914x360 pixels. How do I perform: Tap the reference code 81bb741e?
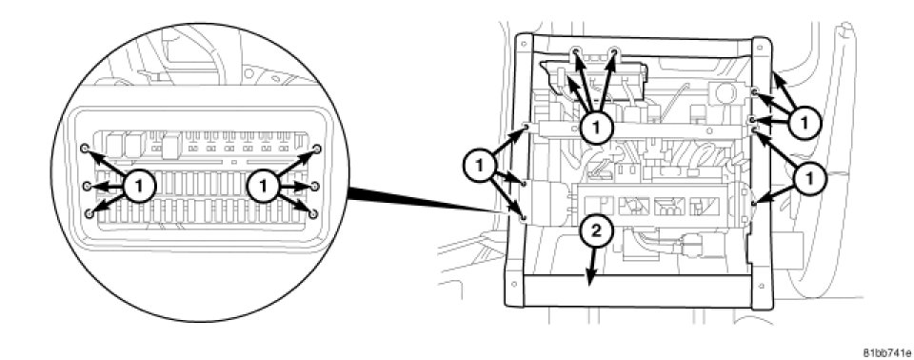(x=885, y=353)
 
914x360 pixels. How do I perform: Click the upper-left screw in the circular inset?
(x=85, y=149)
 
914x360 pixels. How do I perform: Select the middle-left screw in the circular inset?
(x=87, y=186)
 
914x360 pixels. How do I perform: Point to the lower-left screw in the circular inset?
(x=89, y=214)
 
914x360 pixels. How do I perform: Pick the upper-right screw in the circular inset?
(x=317, y=149)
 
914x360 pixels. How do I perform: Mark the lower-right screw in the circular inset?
(x=313, y=214)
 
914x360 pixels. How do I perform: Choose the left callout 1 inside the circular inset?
(x=139, y=187)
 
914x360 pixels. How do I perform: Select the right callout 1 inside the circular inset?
(x=264, y=187)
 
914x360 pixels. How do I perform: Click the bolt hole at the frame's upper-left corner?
(x=524, y=43)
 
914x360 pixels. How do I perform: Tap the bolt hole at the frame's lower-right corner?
(x=763, y=286)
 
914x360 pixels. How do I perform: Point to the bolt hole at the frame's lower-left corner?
(x=513, y=284)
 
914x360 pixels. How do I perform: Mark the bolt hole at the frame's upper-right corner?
(x=760, y=47)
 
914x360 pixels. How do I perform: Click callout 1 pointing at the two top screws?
(x=597, y=125)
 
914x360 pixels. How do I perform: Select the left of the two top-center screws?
(x=576, y=52)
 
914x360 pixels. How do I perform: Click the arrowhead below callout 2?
(x=591, y=279)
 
